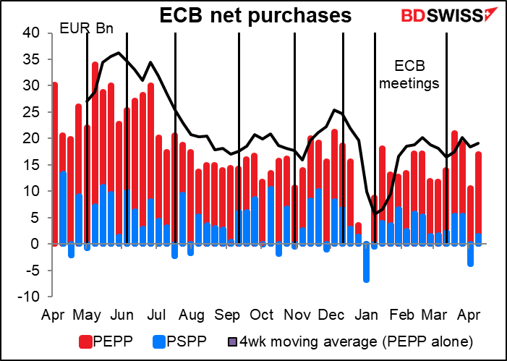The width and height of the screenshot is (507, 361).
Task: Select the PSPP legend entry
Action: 182,340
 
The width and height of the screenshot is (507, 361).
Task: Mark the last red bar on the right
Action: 479,192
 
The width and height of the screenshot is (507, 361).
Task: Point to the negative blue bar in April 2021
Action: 470,255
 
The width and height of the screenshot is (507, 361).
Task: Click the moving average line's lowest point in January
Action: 375,213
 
